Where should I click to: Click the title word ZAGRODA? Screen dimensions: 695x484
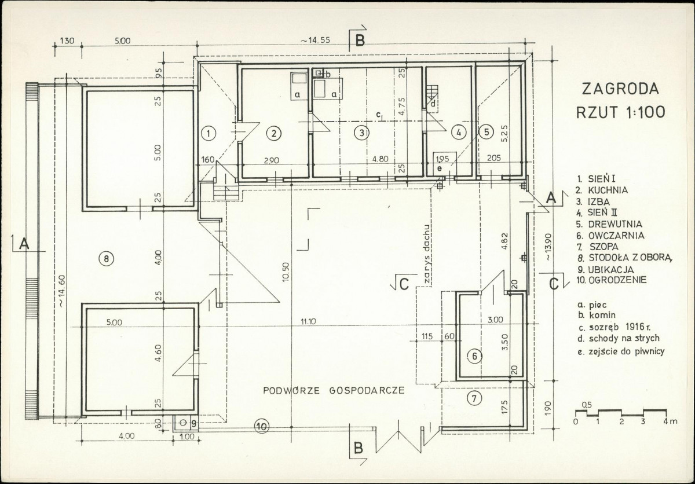pos(620,89)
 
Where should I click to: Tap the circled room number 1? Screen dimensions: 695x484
pos(209,134)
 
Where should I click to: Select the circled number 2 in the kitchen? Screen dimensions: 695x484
pos(274,134)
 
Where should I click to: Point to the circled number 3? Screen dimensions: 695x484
pos(361,133)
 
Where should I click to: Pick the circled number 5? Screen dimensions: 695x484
pos(487,132)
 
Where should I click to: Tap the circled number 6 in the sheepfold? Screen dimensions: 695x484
pos(475,357)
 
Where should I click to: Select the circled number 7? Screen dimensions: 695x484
pos(474,398)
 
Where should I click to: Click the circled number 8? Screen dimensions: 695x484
pos(107,258)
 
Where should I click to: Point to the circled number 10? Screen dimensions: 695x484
pos(262,427)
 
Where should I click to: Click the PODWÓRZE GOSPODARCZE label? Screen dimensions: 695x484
pos(334,390)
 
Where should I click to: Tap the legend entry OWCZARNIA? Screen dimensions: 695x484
pos(616,236)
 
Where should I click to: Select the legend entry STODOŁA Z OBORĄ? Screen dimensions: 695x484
pos(630,258)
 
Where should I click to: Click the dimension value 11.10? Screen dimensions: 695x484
pos(308,321)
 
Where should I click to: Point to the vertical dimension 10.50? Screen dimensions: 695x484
pos(286,272)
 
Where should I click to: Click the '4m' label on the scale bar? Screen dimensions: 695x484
pos(671,421)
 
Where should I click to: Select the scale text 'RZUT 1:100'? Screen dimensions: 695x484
pos(620,112)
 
